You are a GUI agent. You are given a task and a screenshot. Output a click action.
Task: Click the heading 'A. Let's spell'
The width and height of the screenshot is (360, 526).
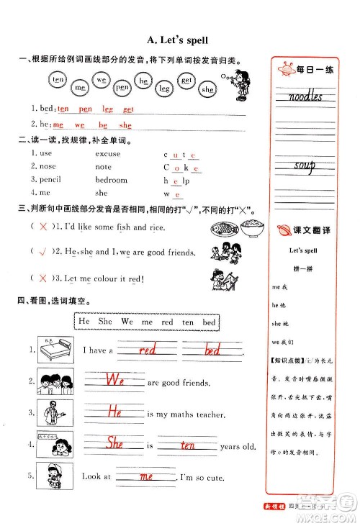click(179, 41)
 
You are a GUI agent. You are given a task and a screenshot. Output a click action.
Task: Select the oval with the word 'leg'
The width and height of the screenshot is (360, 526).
click(165, 88)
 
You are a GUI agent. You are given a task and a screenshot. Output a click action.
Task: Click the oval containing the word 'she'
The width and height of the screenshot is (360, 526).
click(207, 89)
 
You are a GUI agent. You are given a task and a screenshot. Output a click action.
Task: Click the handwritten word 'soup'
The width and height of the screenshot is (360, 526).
click(305, 167)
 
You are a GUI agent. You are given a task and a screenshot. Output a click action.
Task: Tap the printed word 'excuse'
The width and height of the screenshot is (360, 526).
click(109, 153)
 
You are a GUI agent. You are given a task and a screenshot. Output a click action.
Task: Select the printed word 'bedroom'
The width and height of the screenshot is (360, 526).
click(111, 180)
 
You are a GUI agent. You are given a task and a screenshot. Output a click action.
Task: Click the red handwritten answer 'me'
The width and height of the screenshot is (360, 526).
click(146, 476)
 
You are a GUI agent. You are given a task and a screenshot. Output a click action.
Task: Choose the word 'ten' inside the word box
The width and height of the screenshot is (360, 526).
click(186, 322)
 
